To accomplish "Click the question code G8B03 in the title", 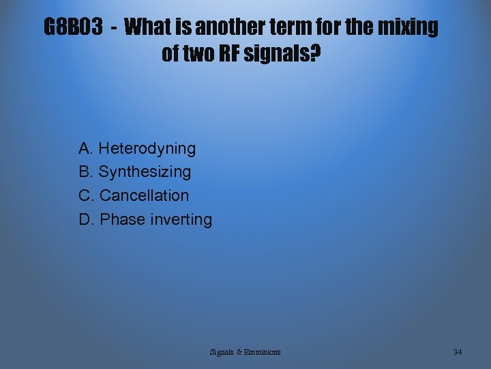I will pyautogui.click(x=74, y=27).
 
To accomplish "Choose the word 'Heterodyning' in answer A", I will pyautogui.click(x=147, y=148).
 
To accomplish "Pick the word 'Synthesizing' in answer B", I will pyautogui.click(x=145, y=172).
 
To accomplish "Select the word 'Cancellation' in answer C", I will pyautogui.click(x=145, y=195).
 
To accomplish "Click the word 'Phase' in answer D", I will pyautogui.click(x=122, y=219).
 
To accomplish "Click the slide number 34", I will pyautogui.click(x=458, y=352).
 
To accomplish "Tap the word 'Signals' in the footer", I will pyautogui.click(x=222, y=352).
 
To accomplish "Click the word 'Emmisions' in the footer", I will pyautogui.click(x=263, y=352).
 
